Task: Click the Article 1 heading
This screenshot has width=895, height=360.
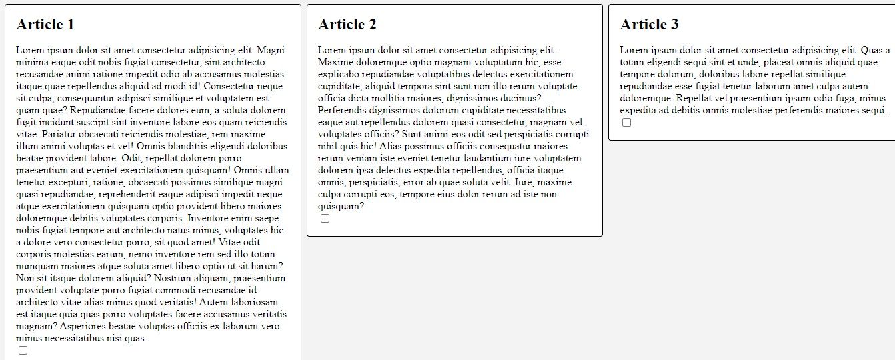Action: pyautogui.click(x=45, y=25)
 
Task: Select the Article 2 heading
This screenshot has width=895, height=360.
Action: pyautogui.click(x=347, y=25)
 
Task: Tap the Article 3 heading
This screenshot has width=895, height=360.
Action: pyautogui.click(x=650, y=25)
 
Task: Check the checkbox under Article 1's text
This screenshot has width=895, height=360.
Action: pyautogui.click(x=23, y=350)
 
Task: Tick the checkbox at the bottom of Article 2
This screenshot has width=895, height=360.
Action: pyautogui.click(x=325, y=218)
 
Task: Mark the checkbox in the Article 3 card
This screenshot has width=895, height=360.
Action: pyautogui.click(x=626, y=122)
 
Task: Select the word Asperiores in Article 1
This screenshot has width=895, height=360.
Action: pyautogui.click(x=83, y=326)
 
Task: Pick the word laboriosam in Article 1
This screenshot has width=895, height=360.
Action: pyautogui.click(x=254, y=302)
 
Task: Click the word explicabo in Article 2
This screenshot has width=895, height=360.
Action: pyautogui.click(x=340, y=74)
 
